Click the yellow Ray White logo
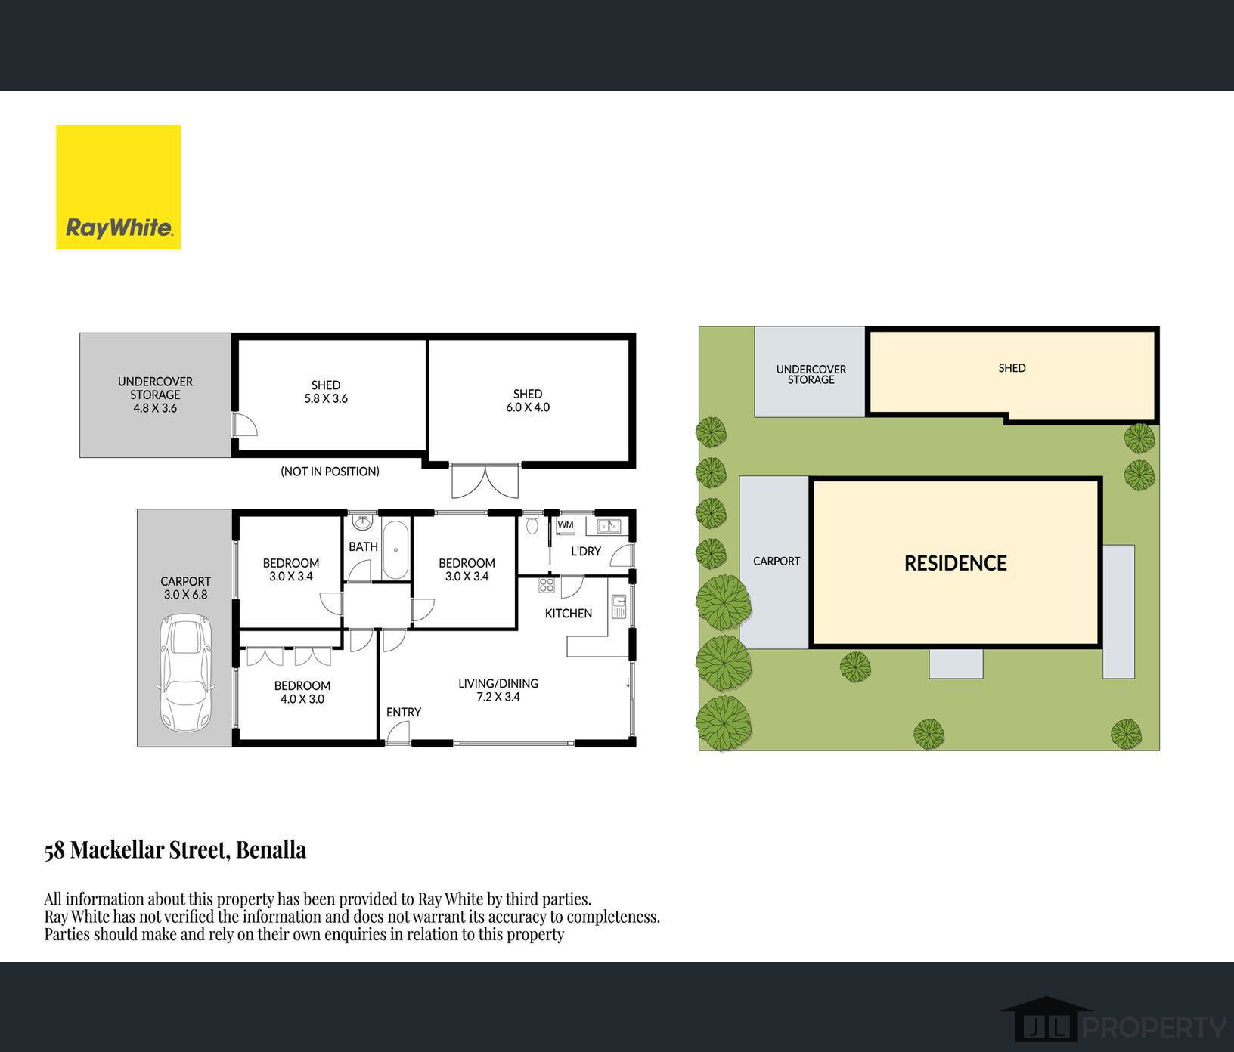point(119,187)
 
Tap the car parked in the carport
point(184,673)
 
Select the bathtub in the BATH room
point(395,549)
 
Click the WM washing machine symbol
point(566,525)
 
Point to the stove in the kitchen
point(547,584)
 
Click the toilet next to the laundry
point(532,522)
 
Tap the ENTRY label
point(404,712)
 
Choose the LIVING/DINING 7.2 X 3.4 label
point(498,690)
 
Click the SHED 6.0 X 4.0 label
point(528,401)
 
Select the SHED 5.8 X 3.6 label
point(326,391)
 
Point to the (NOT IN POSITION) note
point(330,472)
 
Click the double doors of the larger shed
point(485,480)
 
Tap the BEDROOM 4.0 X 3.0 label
point(302,692)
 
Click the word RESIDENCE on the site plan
point(956,563)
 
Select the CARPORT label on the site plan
point(777,561)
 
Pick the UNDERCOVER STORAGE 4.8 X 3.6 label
point(155,394)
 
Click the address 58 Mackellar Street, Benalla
point(175,850)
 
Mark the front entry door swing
point(398,733)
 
